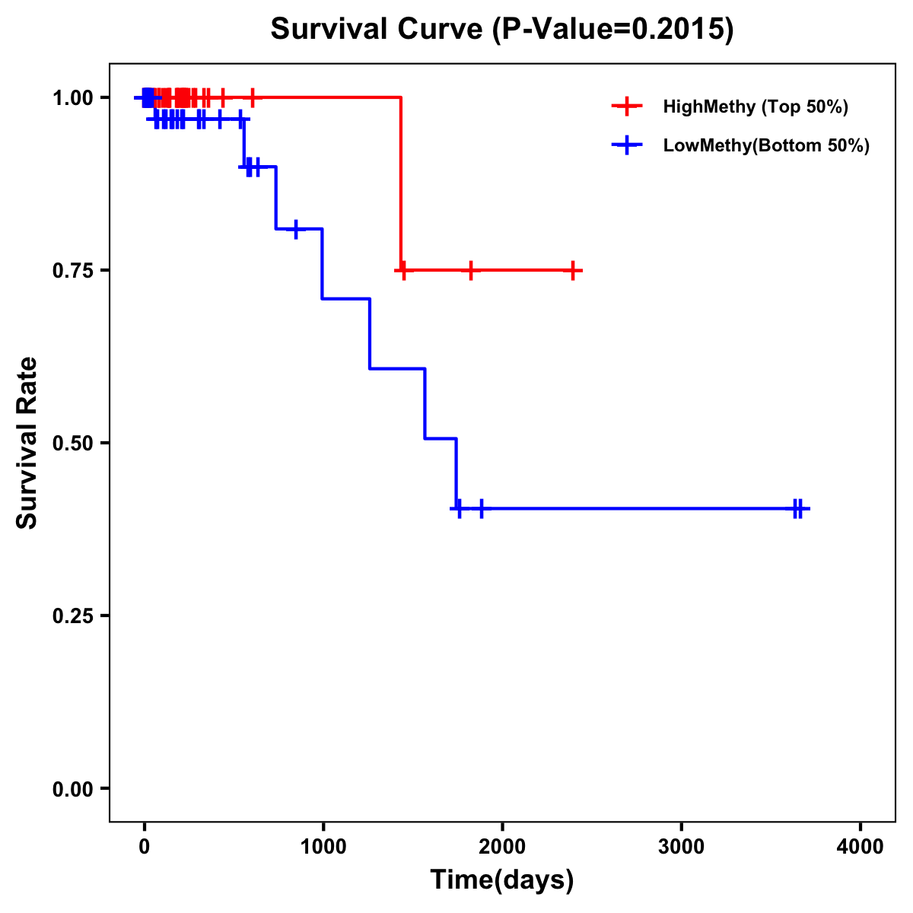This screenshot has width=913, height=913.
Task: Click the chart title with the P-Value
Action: tap(502, 30)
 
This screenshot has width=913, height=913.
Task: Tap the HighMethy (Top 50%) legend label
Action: tap(756, 107)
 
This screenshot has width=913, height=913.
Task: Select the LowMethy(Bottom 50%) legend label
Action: tap(766, 146)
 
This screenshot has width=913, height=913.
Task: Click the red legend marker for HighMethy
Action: tap(627, 107)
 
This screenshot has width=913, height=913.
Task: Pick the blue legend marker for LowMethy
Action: tap(627, 146)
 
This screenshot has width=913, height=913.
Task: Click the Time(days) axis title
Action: tap(502, 880)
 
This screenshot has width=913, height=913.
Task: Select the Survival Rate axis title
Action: tap(27, 443)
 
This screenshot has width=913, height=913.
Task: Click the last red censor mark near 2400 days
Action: tap(573, 270)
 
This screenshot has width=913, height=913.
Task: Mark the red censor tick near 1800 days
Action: tap(471, 270)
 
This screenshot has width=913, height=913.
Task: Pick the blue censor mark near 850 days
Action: tap(295, 228)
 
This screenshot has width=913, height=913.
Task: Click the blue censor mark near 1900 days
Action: tap(482, 508)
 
